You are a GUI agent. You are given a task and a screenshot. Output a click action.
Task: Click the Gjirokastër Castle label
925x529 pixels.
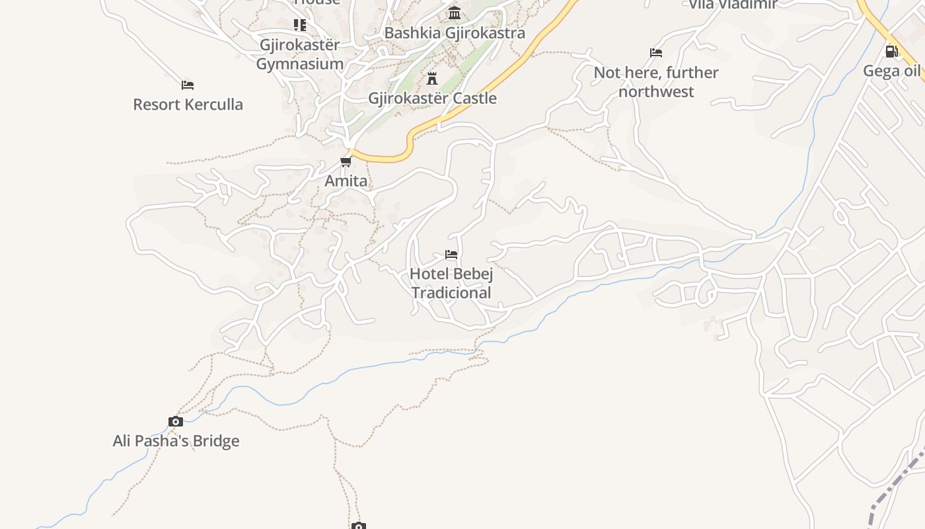(432, 99)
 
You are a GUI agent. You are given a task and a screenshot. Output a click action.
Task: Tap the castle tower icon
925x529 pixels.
(432, 79)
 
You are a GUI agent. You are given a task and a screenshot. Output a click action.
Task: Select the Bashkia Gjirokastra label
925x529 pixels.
(455, 33)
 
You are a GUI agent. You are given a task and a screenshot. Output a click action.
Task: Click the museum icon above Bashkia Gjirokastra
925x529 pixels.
(455, 13)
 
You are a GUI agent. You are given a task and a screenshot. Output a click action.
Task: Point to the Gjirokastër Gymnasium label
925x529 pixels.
(300, 55)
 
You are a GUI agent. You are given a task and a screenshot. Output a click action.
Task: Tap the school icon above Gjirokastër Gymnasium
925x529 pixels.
(300, 25)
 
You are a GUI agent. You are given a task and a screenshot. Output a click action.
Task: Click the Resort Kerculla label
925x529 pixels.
(188, 104)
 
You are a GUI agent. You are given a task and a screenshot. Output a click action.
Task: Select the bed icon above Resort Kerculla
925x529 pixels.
(188, 85)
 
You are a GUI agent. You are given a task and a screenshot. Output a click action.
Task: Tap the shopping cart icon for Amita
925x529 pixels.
(346, 161)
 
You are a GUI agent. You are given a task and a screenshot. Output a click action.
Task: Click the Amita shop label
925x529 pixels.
(346, 181)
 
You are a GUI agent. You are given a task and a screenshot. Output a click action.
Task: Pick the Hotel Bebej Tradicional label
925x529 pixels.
(451, 283)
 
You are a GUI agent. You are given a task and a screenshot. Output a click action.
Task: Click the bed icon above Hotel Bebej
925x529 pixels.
(451, 254)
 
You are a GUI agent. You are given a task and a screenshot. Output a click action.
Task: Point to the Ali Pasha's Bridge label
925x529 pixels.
(176, 441)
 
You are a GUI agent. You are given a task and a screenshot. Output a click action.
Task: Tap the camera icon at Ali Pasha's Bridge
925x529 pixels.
(176, 421)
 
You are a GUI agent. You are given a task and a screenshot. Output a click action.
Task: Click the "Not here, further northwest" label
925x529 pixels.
(655, 82)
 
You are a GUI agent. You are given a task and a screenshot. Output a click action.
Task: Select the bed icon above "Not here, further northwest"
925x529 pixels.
(655, 53)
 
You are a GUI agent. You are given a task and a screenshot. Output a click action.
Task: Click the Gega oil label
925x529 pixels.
(891, 71)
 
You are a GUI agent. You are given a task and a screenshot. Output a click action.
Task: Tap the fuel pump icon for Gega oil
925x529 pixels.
(891, 51)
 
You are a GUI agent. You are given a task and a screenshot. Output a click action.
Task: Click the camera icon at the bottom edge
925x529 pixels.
(358, 526)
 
